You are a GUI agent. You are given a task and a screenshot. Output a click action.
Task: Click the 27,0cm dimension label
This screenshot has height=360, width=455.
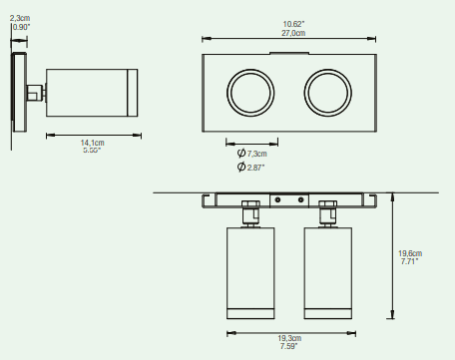(293, 33)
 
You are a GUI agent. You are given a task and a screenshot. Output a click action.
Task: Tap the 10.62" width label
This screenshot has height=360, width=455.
(293, 24)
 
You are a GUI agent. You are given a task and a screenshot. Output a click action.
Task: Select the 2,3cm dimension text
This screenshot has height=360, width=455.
(20, 18)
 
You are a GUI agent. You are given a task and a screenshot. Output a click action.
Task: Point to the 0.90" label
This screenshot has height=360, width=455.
(21, 27)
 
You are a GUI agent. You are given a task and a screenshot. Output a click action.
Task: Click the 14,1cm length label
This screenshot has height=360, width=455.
(92, 143)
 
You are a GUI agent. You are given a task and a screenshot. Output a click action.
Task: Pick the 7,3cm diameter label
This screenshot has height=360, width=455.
(256, 154)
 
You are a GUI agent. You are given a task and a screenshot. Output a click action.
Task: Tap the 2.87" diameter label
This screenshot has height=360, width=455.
(255, 168)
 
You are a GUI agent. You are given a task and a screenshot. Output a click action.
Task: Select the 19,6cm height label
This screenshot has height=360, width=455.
(410, 253)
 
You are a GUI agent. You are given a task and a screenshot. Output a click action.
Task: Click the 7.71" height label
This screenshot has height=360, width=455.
(409, 261)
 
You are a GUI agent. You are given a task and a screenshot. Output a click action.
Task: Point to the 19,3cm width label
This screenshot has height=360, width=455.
(289, 338)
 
